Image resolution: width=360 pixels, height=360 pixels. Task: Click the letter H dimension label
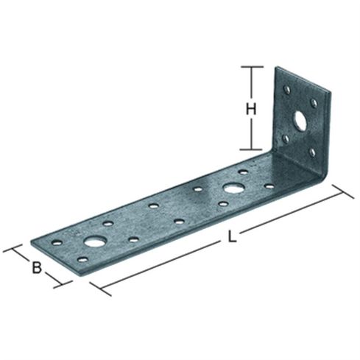tap(251, 109)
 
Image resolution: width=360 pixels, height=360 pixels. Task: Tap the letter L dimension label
tap(232, 237)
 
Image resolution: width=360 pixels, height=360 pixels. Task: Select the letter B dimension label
tap(37, 267)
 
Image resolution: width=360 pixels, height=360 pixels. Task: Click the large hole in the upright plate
tap(300, 121)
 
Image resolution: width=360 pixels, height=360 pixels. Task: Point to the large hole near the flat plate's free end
tap(95, 241)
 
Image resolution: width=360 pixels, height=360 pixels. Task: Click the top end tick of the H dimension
tap(252, 66)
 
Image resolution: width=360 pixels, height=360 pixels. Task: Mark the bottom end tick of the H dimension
tap(250, 149)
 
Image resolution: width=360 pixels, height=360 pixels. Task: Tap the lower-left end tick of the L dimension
tap(101, 289)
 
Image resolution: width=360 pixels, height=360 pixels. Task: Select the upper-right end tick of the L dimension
tap(343, 191)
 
